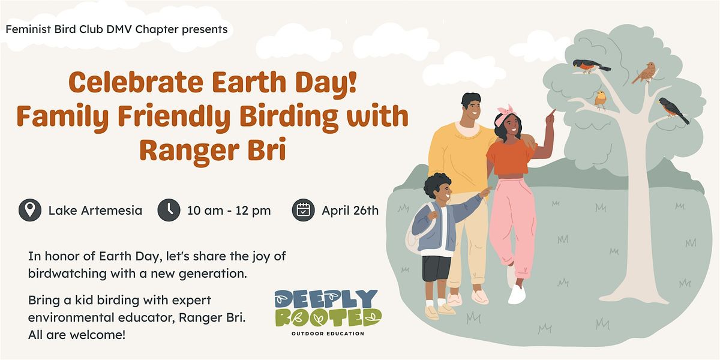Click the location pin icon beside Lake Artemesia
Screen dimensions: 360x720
tap(30, 211)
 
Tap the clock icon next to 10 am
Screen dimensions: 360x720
tap(169, 211)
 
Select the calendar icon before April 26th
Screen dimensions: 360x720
tap(304, 211)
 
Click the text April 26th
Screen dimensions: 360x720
tap(350, 211)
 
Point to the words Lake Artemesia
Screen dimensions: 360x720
tap(95, 211)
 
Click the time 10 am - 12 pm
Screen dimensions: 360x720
tap(229, 211)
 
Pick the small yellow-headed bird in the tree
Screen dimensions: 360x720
tap(601, 98)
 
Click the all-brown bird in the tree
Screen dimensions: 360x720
tap(645, 73)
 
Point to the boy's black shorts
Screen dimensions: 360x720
tap(436, 268)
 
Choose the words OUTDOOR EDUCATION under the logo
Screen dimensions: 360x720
tap(328, 334)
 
